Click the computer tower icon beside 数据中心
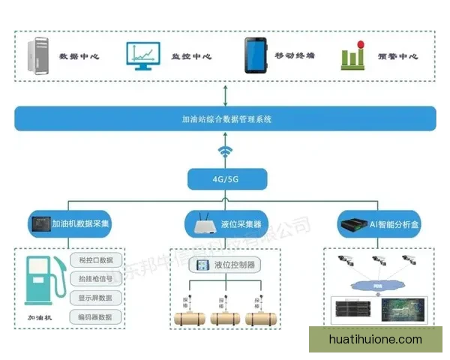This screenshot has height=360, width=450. point(40,55)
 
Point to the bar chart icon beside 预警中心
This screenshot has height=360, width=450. point(352,56)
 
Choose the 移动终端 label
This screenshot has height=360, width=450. point(294,56)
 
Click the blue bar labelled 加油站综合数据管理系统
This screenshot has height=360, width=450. point(225,118)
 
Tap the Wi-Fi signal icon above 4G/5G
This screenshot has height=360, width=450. point(225,154)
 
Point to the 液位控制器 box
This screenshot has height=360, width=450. point(226,265)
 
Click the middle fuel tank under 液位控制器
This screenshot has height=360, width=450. point(226,318)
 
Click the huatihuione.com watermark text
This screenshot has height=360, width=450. point(376,340)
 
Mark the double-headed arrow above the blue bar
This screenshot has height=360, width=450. point(225,94)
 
